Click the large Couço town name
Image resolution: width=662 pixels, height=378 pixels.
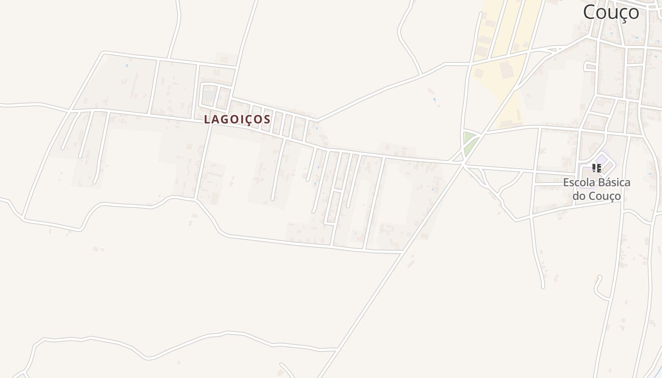click(611, 12)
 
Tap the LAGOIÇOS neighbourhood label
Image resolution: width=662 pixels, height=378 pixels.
click(237, 120)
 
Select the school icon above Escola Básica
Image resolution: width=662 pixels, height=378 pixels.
click(597, 168)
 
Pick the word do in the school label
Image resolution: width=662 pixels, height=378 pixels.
click(579, 196)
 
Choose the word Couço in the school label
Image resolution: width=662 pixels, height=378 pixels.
click(604, 196)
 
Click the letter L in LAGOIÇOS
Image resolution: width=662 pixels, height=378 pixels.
click(207, 120)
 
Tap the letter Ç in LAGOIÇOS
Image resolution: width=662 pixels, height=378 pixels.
click(253, 120)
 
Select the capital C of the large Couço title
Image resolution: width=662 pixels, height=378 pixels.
click(589, 12)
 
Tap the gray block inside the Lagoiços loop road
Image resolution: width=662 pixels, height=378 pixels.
click(209, 95)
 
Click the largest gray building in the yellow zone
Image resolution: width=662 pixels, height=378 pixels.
click(507, 70)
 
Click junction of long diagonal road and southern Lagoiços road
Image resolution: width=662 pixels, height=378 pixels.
click(401, 253)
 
